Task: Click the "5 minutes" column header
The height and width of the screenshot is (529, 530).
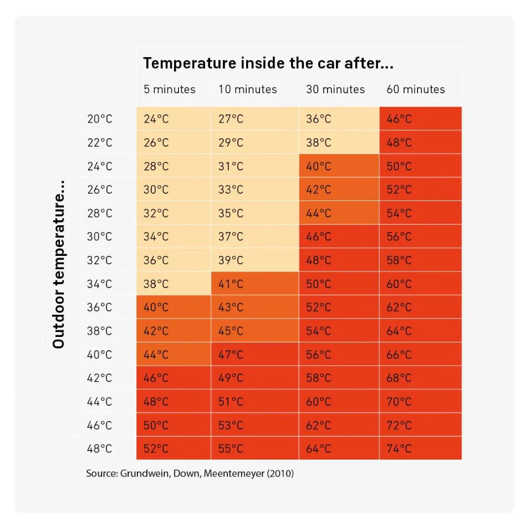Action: [x=169, y=89]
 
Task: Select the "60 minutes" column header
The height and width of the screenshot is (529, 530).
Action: [x=415, y=89]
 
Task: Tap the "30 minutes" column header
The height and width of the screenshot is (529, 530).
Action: [x=335, y=89]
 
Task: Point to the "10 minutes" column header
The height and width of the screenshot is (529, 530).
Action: [x=247, y=89]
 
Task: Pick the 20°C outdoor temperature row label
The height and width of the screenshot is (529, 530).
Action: [x=99, y=119]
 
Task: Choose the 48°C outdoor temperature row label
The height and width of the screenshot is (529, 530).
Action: [x=99, y=449]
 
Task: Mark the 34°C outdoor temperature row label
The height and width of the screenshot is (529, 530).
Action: [x=99, y=284]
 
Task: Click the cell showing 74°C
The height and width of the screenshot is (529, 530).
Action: [x=399, y=449]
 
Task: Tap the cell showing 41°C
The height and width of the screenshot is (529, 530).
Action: [x=231, y=284]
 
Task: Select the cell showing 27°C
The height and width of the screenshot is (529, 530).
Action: [x=231, y=119]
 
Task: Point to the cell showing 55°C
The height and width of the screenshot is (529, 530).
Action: [x=231, y=449]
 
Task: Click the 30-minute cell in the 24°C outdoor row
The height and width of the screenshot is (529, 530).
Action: [x=318, y=166]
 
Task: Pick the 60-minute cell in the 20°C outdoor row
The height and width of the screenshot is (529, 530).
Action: [x=399, y=119]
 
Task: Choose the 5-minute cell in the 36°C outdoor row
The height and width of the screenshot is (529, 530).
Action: [x=156, y=307]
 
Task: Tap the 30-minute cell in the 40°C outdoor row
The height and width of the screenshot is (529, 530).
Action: [x=318, y=354]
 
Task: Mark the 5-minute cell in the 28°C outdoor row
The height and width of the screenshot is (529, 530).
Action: [x=156, y=213]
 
